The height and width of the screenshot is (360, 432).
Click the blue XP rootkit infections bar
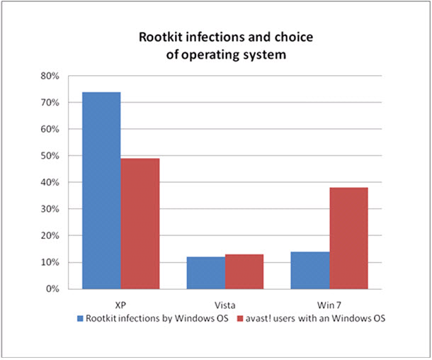tap(101, 190)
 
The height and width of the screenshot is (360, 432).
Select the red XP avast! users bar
tap(140, 223)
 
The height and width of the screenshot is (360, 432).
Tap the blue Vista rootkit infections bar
tap(205, 273)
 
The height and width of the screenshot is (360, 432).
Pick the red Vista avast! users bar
tap(244, 271)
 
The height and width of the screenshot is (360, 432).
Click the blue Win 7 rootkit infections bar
tap(309, 270)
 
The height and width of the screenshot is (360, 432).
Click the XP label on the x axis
tap(120, 303)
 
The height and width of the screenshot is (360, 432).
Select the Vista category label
tap(224, 303)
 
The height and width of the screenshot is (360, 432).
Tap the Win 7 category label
tap(329, 303)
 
